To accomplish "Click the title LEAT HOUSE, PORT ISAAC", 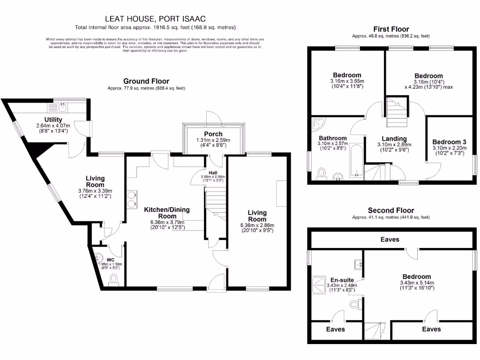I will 155,19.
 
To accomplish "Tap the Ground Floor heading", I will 146,81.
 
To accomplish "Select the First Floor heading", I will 391,29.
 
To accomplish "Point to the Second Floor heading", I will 391,210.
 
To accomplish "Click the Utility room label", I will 53,120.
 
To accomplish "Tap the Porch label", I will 213,134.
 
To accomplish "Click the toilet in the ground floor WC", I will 113,280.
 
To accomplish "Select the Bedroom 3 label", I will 449,142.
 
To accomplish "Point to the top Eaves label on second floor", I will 390,240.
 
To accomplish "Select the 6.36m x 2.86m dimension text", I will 257,225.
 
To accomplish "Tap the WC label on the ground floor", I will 111,260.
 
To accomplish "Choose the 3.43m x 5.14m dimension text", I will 417,283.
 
